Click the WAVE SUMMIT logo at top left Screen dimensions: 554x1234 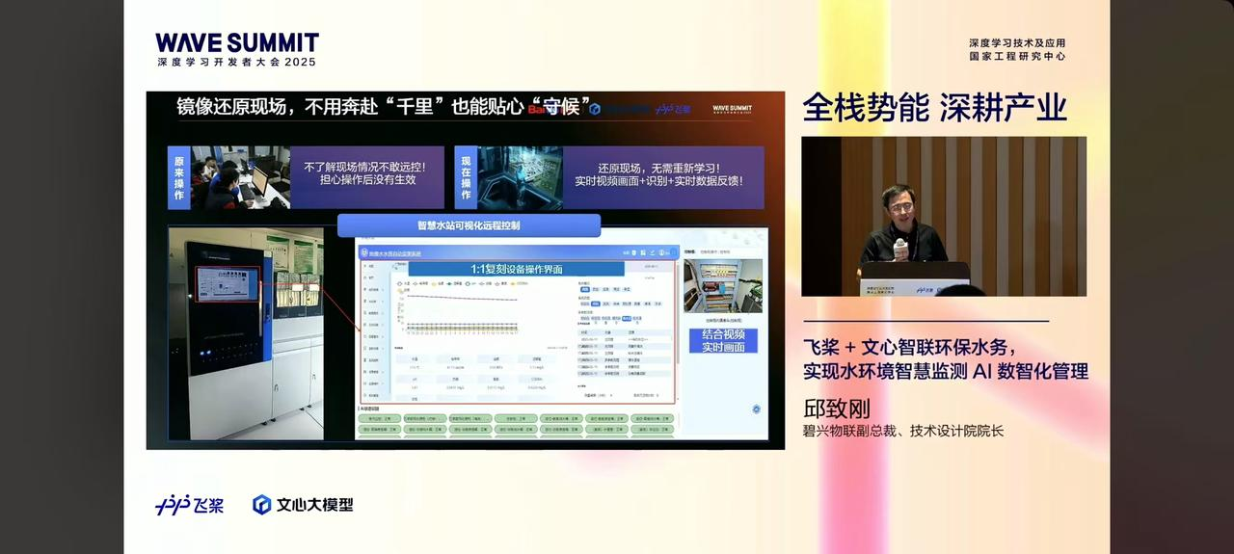[236, 42]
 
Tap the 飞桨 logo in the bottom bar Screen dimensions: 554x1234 [190, 505]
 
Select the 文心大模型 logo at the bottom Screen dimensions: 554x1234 [303, 505]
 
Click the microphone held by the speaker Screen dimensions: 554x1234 [900, 250]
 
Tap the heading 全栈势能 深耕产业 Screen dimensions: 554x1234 [934, 108]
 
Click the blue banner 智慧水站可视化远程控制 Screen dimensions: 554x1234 [469, 225]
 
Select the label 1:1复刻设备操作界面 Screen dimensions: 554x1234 [516, 269]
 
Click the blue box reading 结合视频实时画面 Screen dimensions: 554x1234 [723, 340]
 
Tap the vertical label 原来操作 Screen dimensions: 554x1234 [178, 177]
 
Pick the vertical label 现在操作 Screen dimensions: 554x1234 [466, 177]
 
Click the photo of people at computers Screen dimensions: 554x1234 [240, 177]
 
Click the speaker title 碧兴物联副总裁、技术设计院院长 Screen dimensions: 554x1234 [903, 432]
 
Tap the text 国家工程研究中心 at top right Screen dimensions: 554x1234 [1017, 56]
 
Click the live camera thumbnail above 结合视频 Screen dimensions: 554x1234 [722, 285]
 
